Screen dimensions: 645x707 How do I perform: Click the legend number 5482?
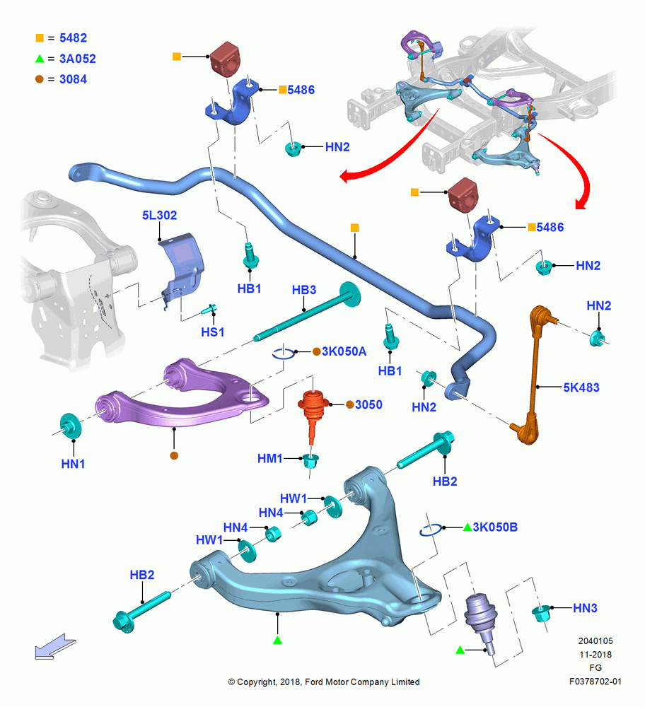coord(73,38)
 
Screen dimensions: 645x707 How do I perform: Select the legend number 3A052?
coord(78,59)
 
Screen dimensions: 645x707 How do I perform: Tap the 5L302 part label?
coord(160,215)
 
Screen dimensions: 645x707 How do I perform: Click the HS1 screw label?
coord(212,332)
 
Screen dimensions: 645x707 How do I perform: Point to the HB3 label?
coord(304,289)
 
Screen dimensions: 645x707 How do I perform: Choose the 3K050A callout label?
coord(344,351)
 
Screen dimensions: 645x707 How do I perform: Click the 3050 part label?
coord(368,404)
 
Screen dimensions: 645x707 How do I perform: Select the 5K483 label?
coord(581,387)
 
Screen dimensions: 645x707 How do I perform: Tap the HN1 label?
coord(73,464)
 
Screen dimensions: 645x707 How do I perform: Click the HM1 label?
coord(269,459)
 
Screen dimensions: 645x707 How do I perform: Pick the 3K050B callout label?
coord(495,527)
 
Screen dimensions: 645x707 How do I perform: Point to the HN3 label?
coord(585,608)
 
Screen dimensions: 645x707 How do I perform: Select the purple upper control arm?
coord(180,396)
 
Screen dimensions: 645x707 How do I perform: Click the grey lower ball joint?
coord(481,619)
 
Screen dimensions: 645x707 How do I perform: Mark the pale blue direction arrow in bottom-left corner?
coord(55,646)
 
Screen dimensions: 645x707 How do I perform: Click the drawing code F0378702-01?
coord(595,682)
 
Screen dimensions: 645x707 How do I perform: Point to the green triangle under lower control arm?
coord(277,640)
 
